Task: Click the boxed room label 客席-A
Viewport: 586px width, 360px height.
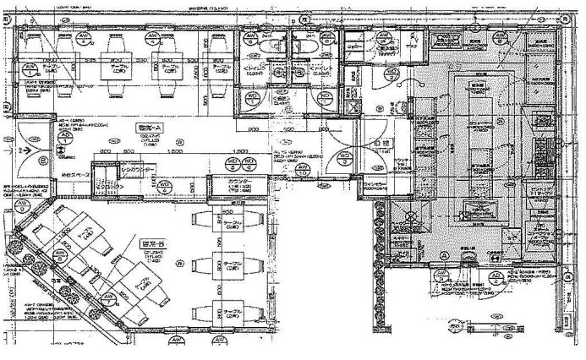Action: point(149,126)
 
